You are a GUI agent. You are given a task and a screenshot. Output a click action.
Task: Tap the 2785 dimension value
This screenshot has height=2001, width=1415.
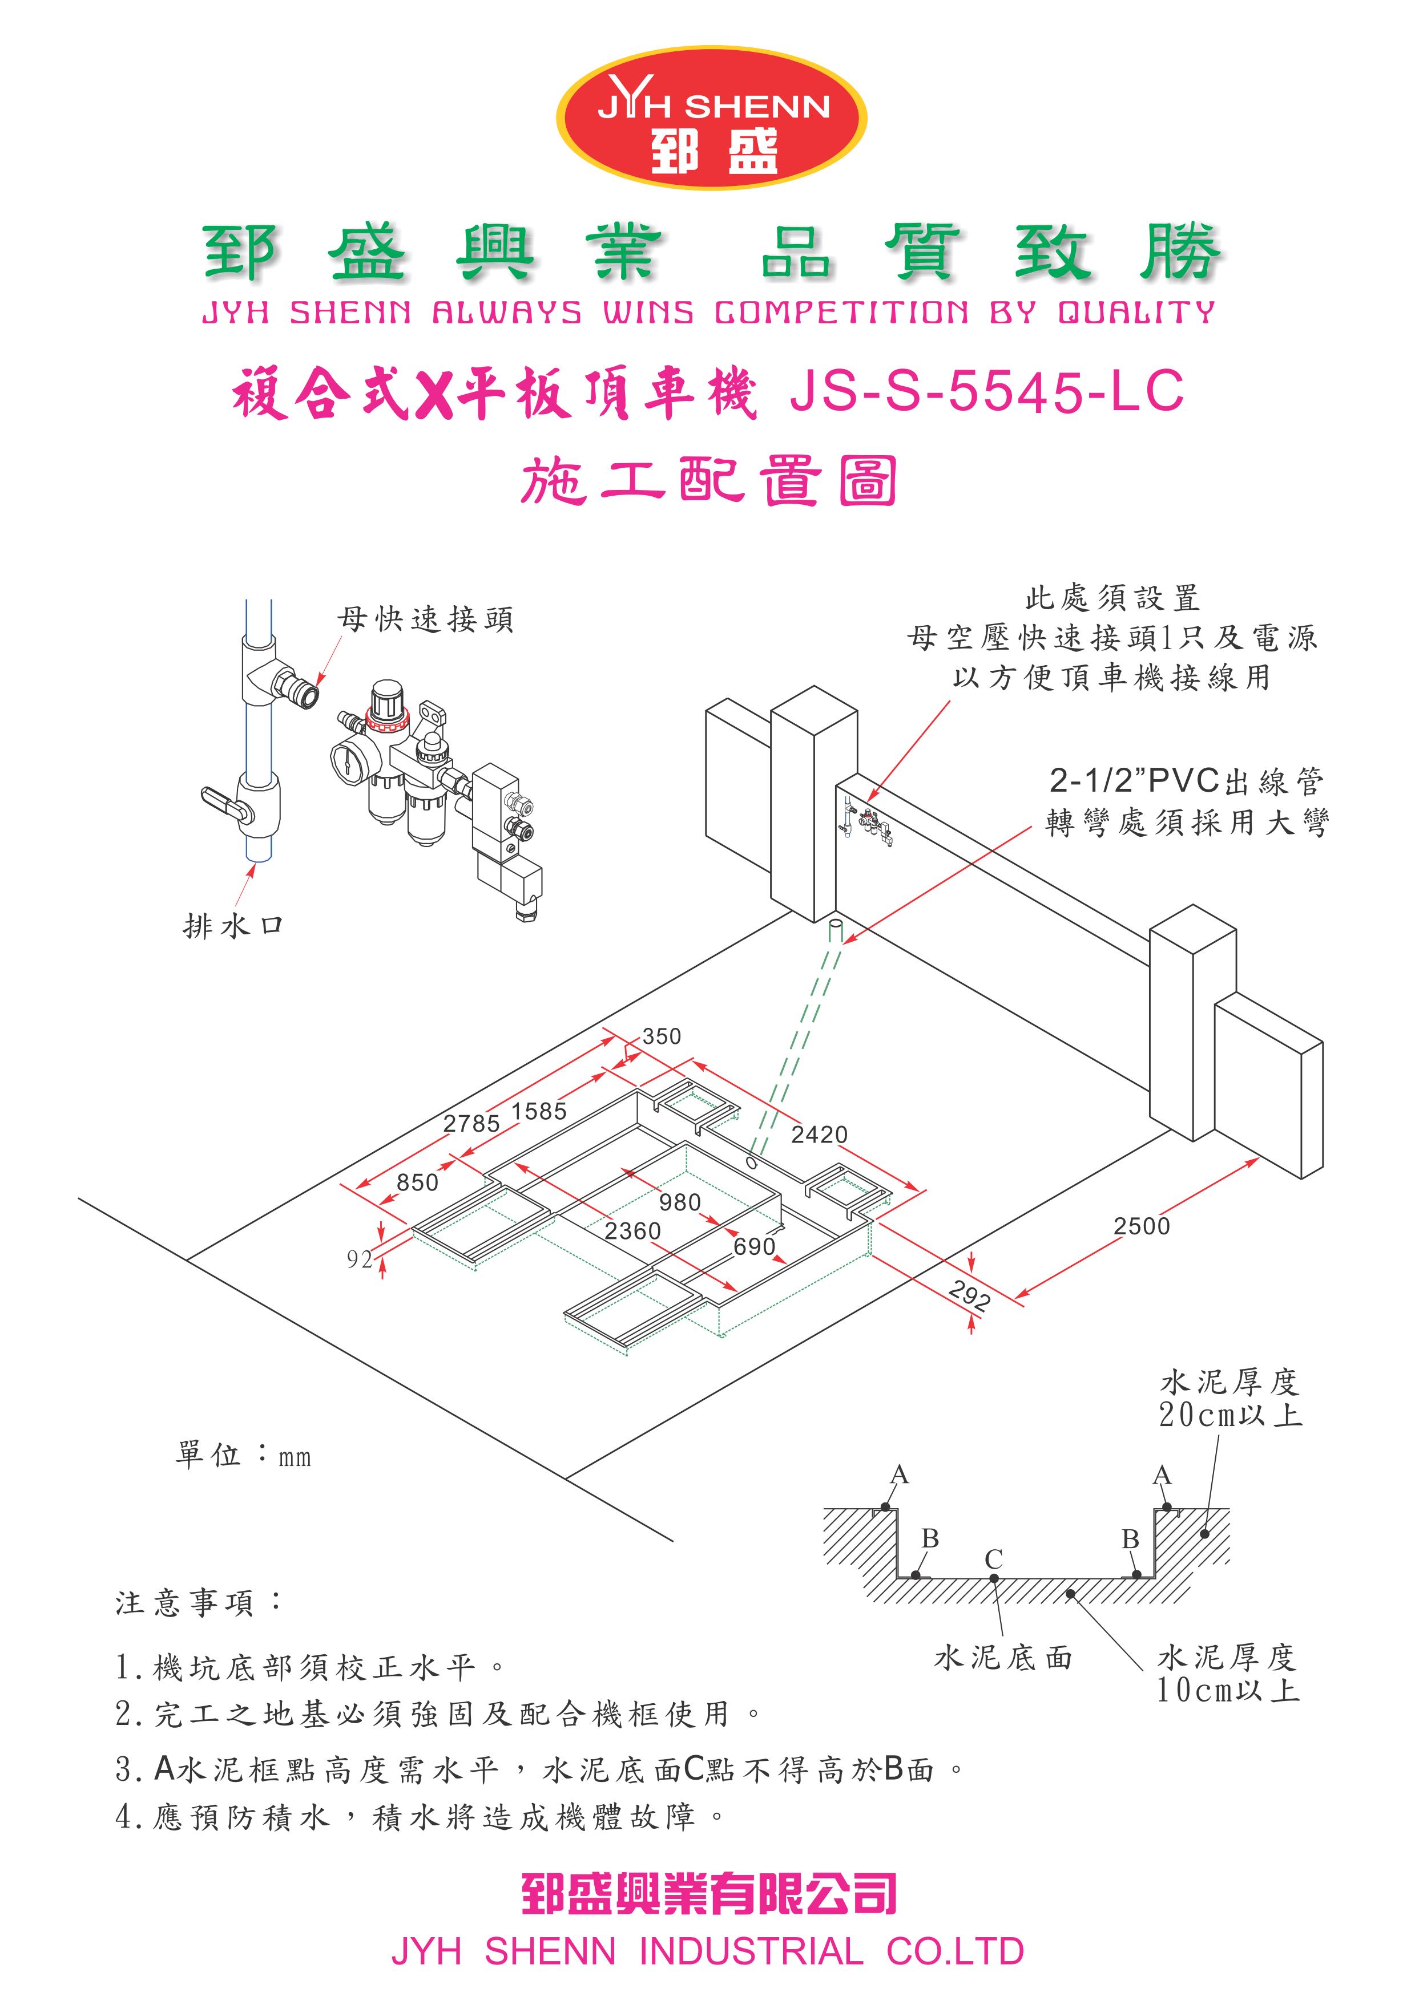coord(471,1123)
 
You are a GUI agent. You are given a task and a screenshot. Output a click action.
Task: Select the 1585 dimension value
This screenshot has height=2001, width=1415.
coord(539,1111)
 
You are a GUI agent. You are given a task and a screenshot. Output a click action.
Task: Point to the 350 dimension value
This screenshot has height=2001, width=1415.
coord(662,1036)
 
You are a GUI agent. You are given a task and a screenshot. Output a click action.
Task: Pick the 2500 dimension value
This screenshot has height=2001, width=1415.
coord(1141,1226)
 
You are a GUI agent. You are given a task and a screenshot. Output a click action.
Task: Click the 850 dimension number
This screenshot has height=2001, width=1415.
coord(418,1182)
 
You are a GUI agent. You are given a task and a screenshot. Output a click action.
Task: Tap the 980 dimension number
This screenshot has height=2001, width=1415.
coord(680,1202)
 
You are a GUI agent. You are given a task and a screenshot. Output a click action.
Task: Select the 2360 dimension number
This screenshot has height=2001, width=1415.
coord(633,1230)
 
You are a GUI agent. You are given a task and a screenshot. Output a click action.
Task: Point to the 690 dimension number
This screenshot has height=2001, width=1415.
coord(754,1246)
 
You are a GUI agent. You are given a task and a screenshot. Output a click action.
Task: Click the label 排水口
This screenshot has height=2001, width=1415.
coord(233,926)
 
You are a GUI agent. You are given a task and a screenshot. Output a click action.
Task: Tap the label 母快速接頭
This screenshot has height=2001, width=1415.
coord(425,619)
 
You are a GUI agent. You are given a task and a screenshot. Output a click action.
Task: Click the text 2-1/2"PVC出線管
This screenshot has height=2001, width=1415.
coord(1186,782)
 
